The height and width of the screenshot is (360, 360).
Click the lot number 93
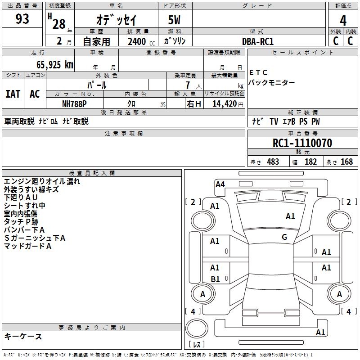(x=22, y=18)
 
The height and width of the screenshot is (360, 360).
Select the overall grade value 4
(x=343, y=21)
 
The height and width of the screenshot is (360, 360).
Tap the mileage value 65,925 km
(x=55, y=65)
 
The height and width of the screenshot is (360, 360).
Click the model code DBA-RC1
(x=258, y=41)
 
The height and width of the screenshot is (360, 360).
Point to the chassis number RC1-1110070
(x=302, y=143)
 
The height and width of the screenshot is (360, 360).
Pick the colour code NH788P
(x=74, y=104)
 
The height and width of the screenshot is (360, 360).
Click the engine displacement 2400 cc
(x=141, y=41)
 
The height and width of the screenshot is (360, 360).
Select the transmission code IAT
(x=13, y=94)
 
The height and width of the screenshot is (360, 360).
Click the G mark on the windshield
(x=284, y=237)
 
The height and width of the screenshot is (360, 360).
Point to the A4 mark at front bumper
(x=220, y=184)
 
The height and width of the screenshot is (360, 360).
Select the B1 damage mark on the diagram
(x=215, y=279)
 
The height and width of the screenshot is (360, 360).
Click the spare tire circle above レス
(x=197, y=328)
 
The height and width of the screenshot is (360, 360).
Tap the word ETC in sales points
(x=258, y=72)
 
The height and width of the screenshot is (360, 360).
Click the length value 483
(x=273, y=162)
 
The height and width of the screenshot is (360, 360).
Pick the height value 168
(x=346, y=162)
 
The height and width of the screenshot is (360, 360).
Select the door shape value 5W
(x=174, y=20)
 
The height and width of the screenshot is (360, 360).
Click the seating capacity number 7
(x=188, y=85)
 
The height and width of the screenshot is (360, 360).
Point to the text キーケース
(x=23, y=337)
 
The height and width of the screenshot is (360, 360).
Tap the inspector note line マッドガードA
(x=27, y=246)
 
